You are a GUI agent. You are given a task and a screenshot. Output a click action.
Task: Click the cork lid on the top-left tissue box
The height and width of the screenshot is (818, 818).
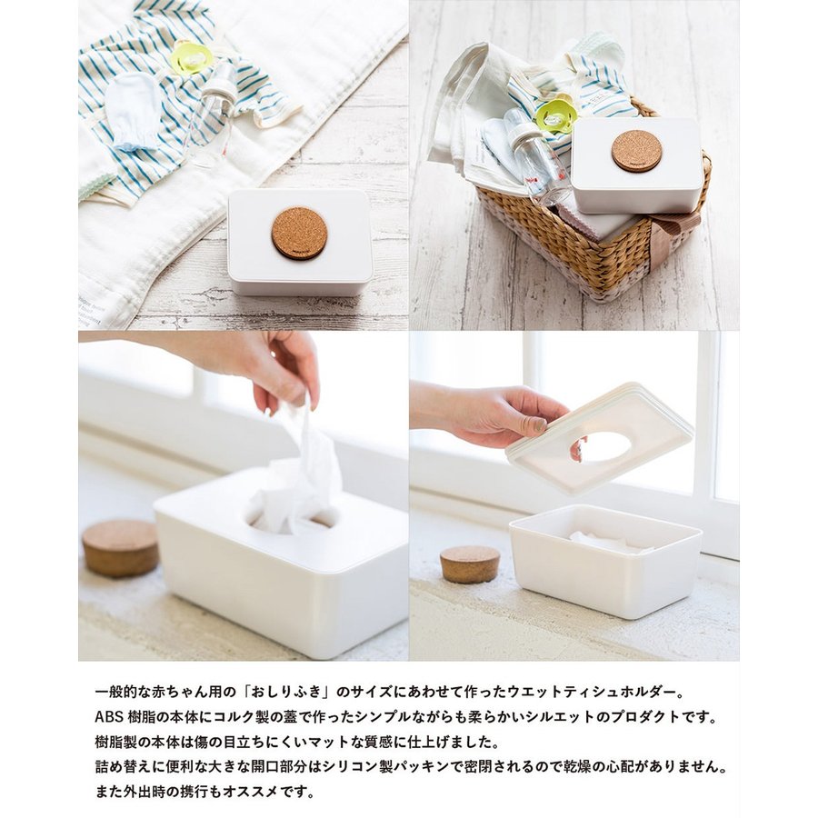click(299, 234)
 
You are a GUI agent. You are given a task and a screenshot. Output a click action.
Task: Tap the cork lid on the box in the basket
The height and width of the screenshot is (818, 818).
click(637, 150)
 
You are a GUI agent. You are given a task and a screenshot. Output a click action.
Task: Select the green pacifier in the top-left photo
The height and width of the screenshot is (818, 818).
click(188, 56)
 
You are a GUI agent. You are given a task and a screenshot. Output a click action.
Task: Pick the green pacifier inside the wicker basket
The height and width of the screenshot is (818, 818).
click(555, 114)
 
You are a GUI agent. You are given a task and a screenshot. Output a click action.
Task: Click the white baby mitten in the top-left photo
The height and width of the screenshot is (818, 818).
click(133, 111)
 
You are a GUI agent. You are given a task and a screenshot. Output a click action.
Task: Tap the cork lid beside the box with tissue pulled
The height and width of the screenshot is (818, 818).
click(120, 547)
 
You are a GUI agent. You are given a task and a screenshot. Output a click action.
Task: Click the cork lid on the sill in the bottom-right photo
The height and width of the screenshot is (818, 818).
click(470, 564)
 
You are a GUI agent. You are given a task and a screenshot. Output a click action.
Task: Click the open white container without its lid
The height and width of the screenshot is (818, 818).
click(605, 561)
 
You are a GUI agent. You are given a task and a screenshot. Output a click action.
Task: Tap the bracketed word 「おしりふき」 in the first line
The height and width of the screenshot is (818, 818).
click(287, 693)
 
